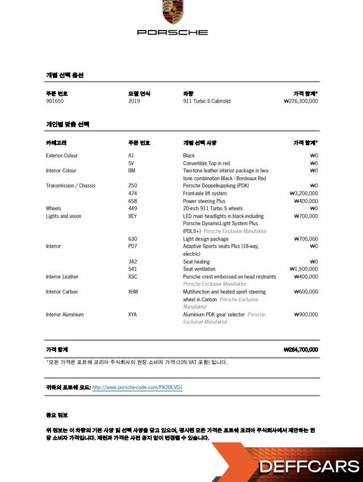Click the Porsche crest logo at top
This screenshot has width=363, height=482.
coord(172,12)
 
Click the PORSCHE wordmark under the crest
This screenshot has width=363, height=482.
coord(172,32)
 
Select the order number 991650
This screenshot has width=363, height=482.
coord(55,102)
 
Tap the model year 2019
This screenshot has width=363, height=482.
coord(134,102)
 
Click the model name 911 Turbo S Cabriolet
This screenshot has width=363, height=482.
coord(206,102)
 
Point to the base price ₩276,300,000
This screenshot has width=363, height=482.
coord(301,102)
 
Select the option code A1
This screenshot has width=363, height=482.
coord(131,155)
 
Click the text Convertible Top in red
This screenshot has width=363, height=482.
coord(206,163)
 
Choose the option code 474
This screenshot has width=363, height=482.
coord(133,193)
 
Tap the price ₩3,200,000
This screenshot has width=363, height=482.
coord(303,193)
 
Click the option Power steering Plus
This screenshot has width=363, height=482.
coord(204,201)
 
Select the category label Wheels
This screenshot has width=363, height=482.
coord(53,209)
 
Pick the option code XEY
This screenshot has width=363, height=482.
coord(133,216)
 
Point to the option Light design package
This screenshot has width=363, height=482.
coord(205,239)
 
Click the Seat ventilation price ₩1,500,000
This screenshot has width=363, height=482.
coord(303,269)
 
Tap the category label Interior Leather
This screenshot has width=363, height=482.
coord(62,277)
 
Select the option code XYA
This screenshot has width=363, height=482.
coord(133,315)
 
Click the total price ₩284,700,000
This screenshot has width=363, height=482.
coord(301,350)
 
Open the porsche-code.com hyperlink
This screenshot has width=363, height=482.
coord(137,388)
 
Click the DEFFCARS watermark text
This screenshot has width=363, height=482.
coord(309,467)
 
